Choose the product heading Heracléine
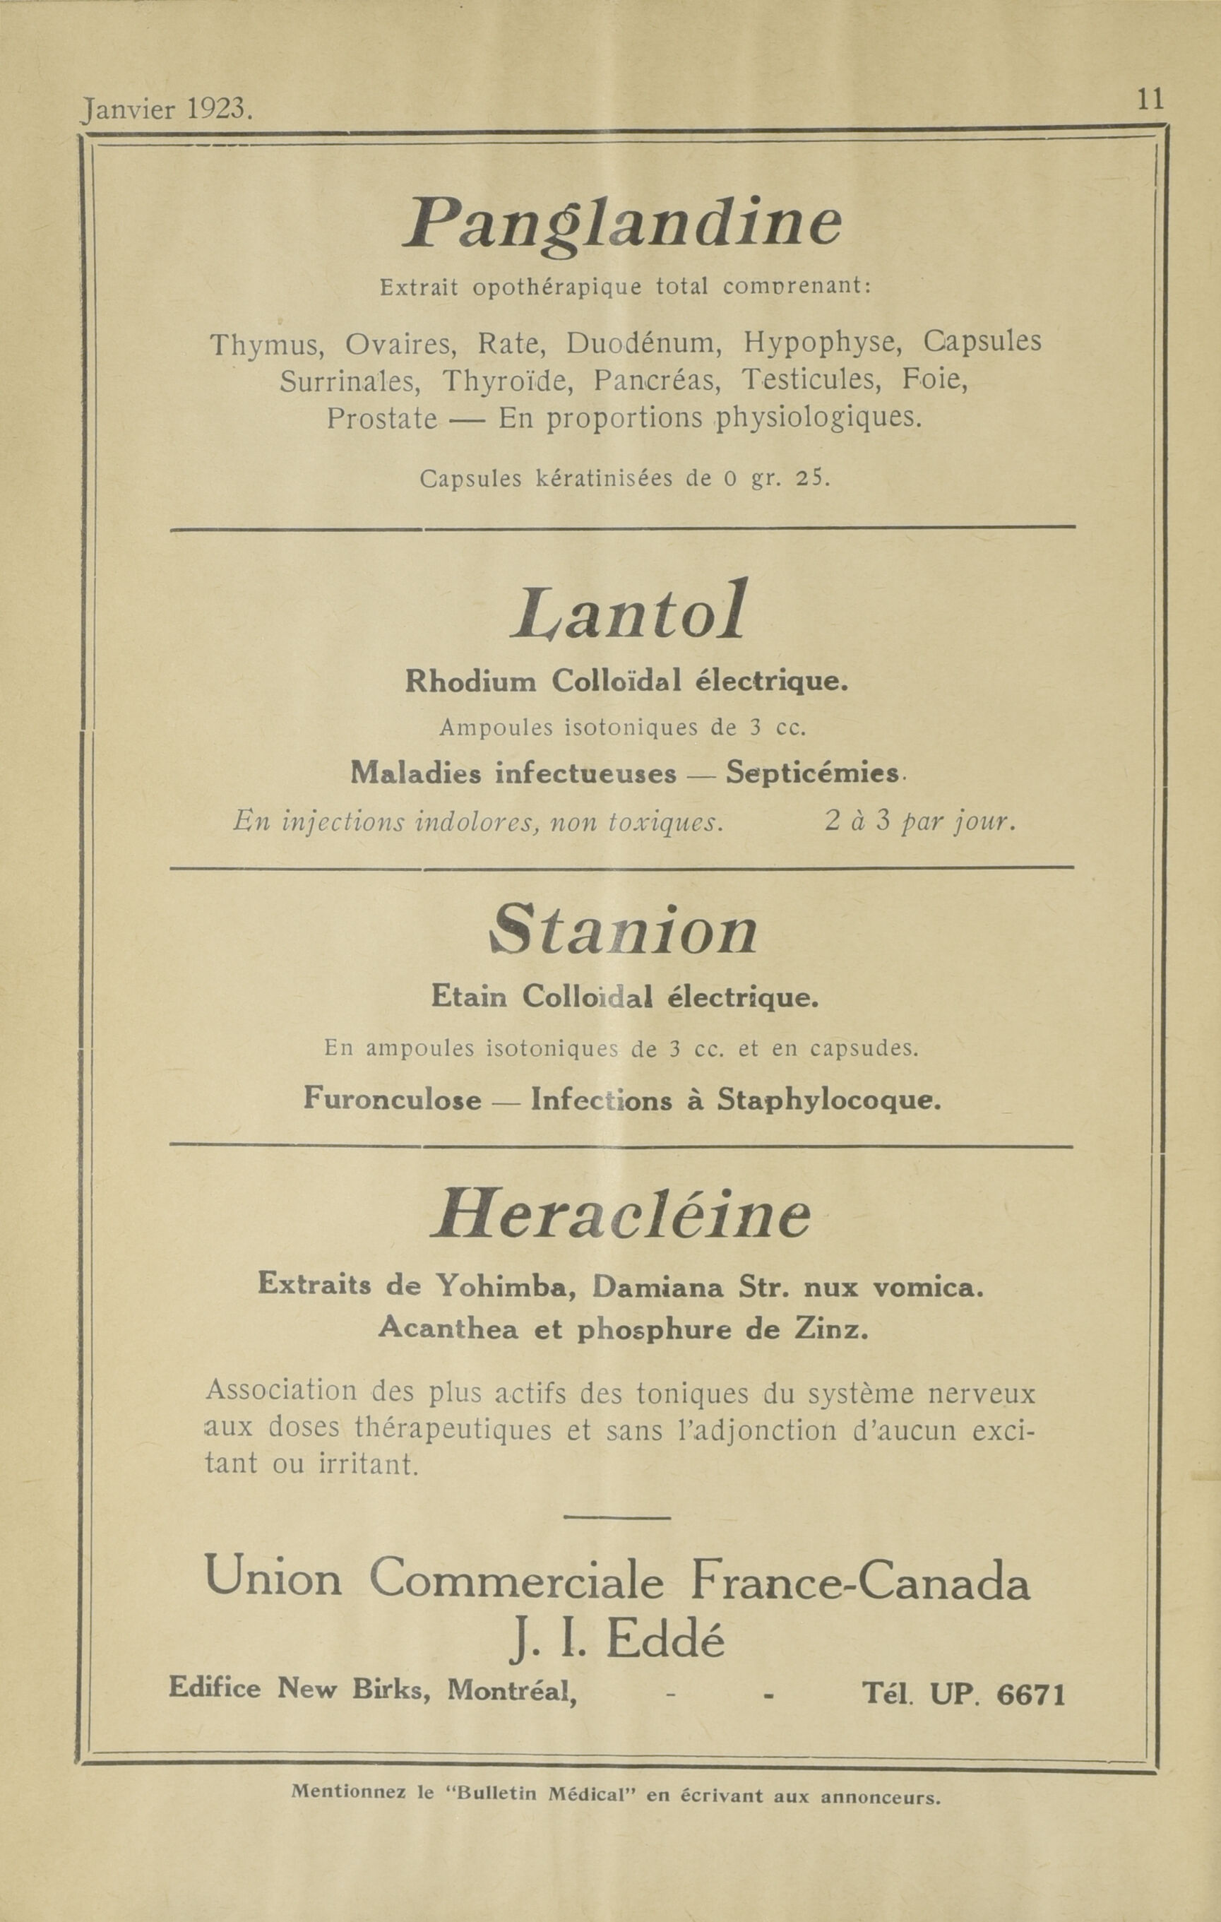[x=621, y=1216]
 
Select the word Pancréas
[x=657, y=381]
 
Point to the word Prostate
[x=381, y=418]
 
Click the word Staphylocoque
[x=829, y=1100]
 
